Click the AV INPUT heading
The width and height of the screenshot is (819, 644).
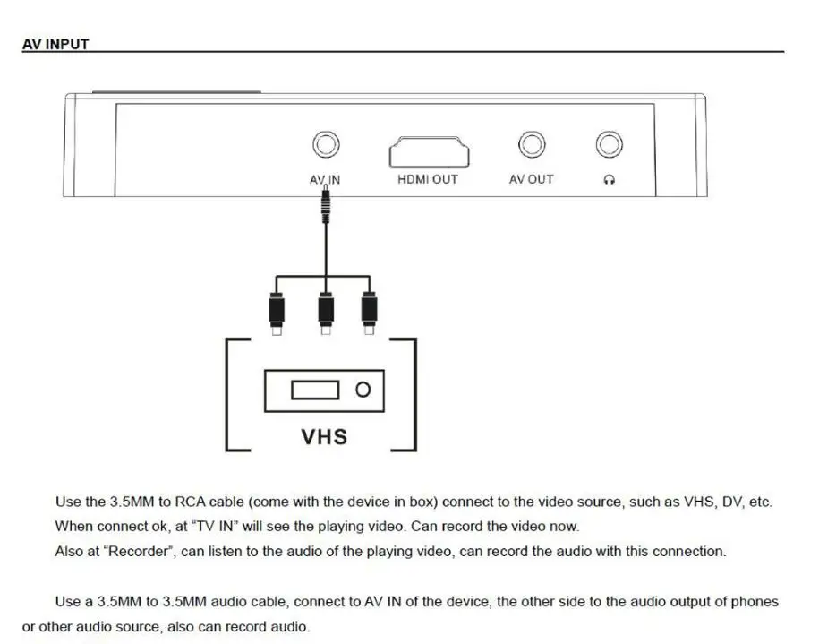pos(55,44)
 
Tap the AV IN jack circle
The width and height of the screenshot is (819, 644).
pos(325,145)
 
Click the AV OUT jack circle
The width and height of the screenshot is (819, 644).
pos(531,145)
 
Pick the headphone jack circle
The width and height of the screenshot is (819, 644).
pos(609,145)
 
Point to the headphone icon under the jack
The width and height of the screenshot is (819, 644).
pos(609,180)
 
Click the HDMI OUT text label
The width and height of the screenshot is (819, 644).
pos(427,179)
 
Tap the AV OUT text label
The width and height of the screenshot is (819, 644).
pos(531,179)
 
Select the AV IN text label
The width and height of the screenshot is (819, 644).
pos(325,179)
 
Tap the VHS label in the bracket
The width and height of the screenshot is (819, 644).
pos(323,436)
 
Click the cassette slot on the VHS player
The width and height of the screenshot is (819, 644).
pos(314,390)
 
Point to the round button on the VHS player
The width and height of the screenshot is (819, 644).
pos(363,390)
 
